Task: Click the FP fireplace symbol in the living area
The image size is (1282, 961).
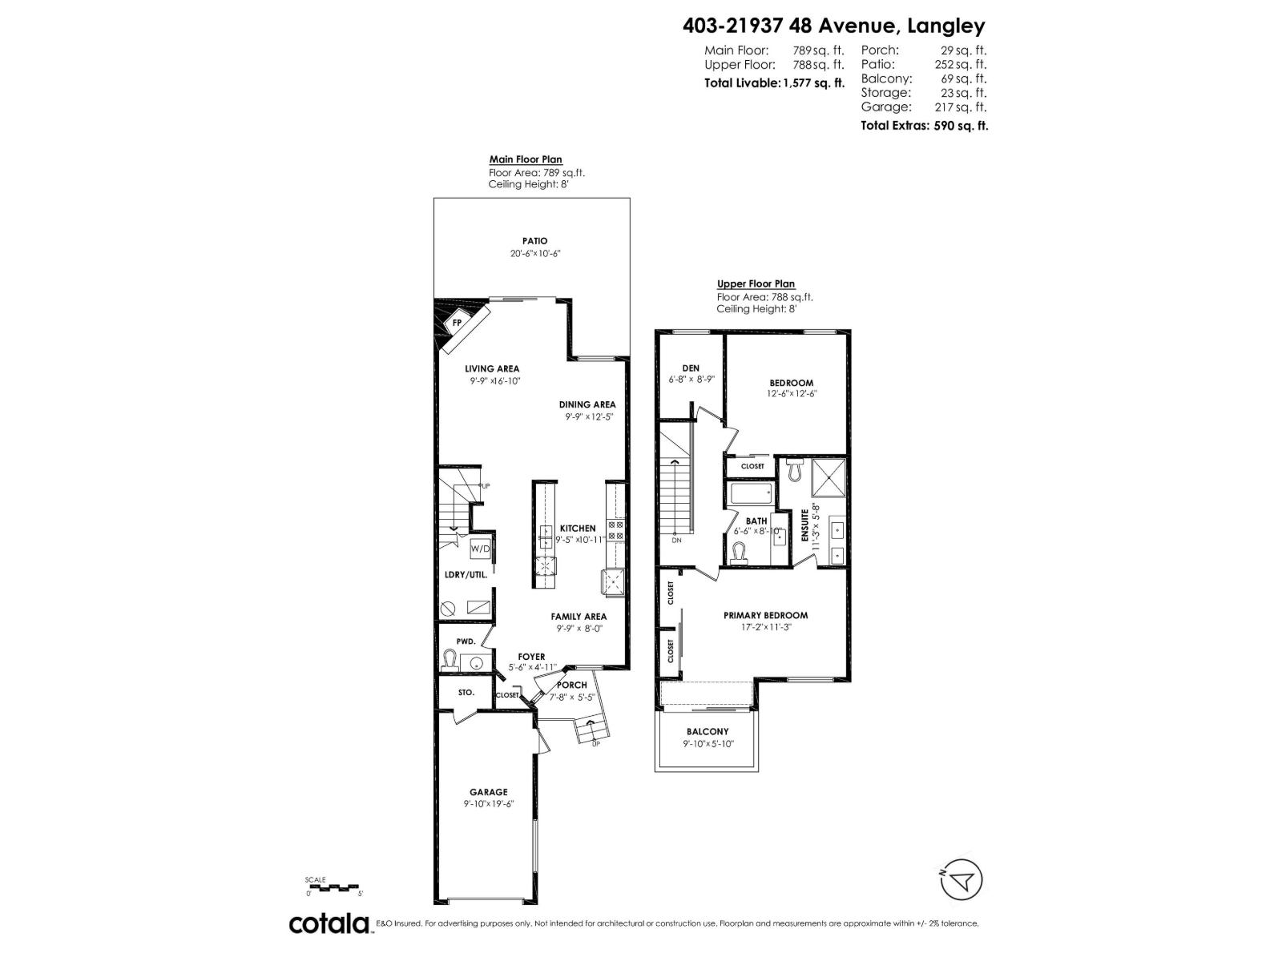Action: [457, 322]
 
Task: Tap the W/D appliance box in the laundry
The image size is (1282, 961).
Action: [480, 549]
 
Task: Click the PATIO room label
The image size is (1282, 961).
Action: [534, 240]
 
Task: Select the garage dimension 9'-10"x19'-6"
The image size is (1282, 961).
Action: [488, 803]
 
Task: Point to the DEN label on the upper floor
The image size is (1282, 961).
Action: [690, 368]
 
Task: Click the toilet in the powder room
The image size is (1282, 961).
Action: [450, 660]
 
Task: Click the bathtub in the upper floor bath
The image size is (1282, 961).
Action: [751, 493]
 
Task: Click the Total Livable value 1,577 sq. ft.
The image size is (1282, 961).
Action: [812, 82]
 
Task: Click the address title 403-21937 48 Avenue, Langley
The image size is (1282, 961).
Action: [833, 26]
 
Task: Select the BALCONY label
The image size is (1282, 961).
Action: [708, 731]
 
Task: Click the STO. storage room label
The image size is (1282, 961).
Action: [466, 692]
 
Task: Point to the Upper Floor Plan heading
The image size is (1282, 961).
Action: [756, 283]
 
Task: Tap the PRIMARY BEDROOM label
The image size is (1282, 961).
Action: [765, 615]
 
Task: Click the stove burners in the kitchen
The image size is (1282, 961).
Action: [616, 529]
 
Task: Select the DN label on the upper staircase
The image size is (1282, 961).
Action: [676, 540]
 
